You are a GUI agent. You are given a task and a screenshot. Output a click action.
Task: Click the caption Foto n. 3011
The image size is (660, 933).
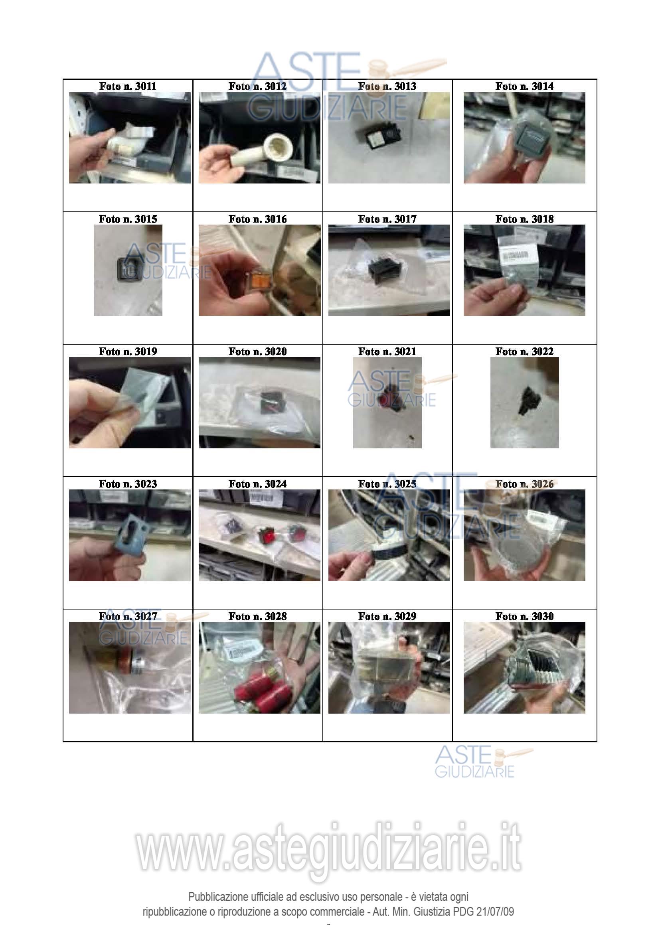click(128, 86)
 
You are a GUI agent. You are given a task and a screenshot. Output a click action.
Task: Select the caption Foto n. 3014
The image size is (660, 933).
click(524, 86)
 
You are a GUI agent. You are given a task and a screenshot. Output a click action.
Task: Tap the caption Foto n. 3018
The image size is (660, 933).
click(524, 219)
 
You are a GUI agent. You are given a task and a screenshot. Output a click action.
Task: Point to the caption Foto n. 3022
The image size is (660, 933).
click(524, 351)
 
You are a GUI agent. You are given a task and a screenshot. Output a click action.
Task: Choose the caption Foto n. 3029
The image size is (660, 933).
click(387, 616)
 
